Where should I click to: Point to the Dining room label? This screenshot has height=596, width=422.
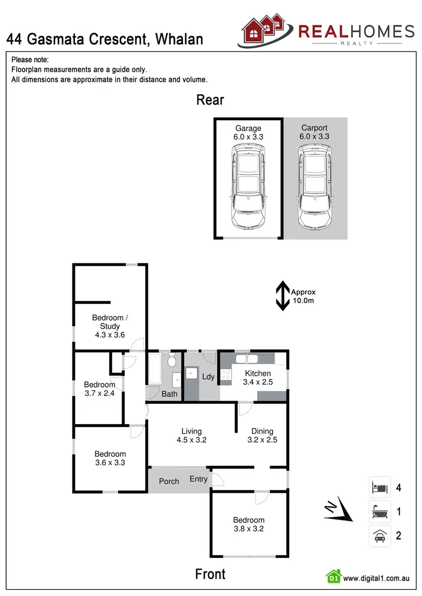[263, 431]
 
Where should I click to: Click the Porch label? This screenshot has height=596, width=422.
[169, 481]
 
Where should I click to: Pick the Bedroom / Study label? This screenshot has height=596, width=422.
[110, 322]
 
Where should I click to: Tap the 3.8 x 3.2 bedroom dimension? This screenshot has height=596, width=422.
[249, 529]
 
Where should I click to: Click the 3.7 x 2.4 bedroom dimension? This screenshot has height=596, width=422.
[99, 393]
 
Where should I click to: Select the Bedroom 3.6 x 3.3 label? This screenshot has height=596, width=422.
[110, 458]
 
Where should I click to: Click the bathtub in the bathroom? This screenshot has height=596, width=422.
[155, 370]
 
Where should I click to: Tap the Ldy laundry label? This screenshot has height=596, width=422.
[208, 376]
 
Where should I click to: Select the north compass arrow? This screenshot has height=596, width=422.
[338, 510]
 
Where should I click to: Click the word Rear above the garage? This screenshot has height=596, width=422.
[210, 100]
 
